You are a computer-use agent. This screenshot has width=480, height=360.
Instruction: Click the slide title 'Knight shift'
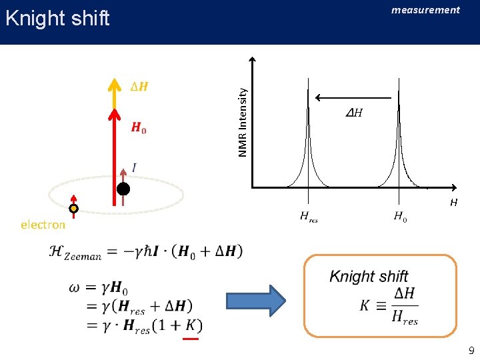[x=57, y=18]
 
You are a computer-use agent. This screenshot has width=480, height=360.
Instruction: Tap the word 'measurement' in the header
[x=425, y=10]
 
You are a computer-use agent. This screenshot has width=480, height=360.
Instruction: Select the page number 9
[x=471, y=351]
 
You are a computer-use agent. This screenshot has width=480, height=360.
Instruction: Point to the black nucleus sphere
[x=123, y=189]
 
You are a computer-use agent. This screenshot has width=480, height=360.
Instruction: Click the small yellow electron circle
[x=74, y=209]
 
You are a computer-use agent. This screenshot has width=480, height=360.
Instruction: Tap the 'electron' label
[x=43, y=225]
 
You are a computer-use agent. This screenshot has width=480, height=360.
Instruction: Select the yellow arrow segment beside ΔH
[x=115, y=93]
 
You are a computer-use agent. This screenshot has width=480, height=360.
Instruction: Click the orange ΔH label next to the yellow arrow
[x=139, y=87]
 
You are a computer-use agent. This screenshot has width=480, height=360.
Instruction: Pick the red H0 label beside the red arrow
[x=139, y=128]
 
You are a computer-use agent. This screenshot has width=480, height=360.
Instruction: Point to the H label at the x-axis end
[x=453, y=203]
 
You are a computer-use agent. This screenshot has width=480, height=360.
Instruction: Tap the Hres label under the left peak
[x=309, y=217]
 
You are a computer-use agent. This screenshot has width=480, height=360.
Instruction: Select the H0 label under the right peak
[x=400, y=216]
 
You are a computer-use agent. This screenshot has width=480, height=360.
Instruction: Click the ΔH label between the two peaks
[x=354, y=113]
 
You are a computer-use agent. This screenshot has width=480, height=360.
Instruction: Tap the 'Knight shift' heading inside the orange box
[x=369, y=276]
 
